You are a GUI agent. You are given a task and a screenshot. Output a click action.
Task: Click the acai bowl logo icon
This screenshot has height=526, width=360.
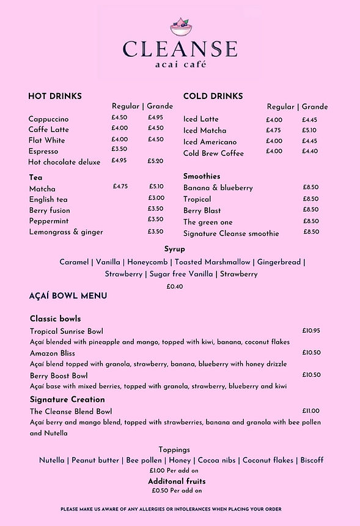(x=180, y=27)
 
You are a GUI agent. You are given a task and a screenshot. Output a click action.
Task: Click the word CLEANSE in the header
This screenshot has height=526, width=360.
(x=180, y=50)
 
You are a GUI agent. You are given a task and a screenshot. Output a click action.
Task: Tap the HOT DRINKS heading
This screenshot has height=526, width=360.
(x=55, y=96)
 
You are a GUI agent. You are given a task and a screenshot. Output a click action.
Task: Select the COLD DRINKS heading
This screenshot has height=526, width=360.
(x=213, y=96)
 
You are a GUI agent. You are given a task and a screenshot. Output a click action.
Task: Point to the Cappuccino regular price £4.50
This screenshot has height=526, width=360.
(x=119, y=117)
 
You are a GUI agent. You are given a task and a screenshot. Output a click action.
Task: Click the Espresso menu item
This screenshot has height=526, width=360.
(x=43, y=151)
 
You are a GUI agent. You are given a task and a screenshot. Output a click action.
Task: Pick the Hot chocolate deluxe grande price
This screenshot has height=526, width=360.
(x=155, y=161)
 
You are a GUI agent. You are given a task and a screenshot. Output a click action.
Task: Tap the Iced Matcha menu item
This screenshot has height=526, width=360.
(x=205, y=130)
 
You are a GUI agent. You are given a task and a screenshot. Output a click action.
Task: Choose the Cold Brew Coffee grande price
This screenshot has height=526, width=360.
(x=309, y=151)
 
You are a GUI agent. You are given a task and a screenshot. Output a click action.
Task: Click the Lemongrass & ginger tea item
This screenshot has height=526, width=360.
(x=66, y=232)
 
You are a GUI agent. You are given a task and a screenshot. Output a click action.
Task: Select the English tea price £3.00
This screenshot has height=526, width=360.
(x=156, y=198)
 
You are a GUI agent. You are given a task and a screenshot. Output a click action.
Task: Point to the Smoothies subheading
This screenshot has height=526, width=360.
(x=202, y=176)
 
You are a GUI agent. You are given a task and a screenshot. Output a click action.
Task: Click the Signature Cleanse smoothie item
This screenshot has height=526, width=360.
(x=231, y=233)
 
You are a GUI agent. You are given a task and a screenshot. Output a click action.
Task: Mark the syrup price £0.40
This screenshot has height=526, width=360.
(x=175, y=286)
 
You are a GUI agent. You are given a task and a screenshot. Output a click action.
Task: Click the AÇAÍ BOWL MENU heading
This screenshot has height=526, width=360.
(x=68, y=296)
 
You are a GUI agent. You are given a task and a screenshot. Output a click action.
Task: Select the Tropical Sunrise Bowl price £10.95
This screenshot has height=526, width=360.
(x=311, y=331)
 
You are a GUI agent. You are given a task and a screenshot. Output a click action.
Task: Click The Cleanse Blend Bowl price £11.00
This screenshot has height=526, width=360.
(x=311, y=411)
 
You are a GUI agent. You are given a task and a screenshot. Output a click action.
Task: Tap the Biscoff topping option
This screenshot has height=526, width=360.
(x=312, y=460)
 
